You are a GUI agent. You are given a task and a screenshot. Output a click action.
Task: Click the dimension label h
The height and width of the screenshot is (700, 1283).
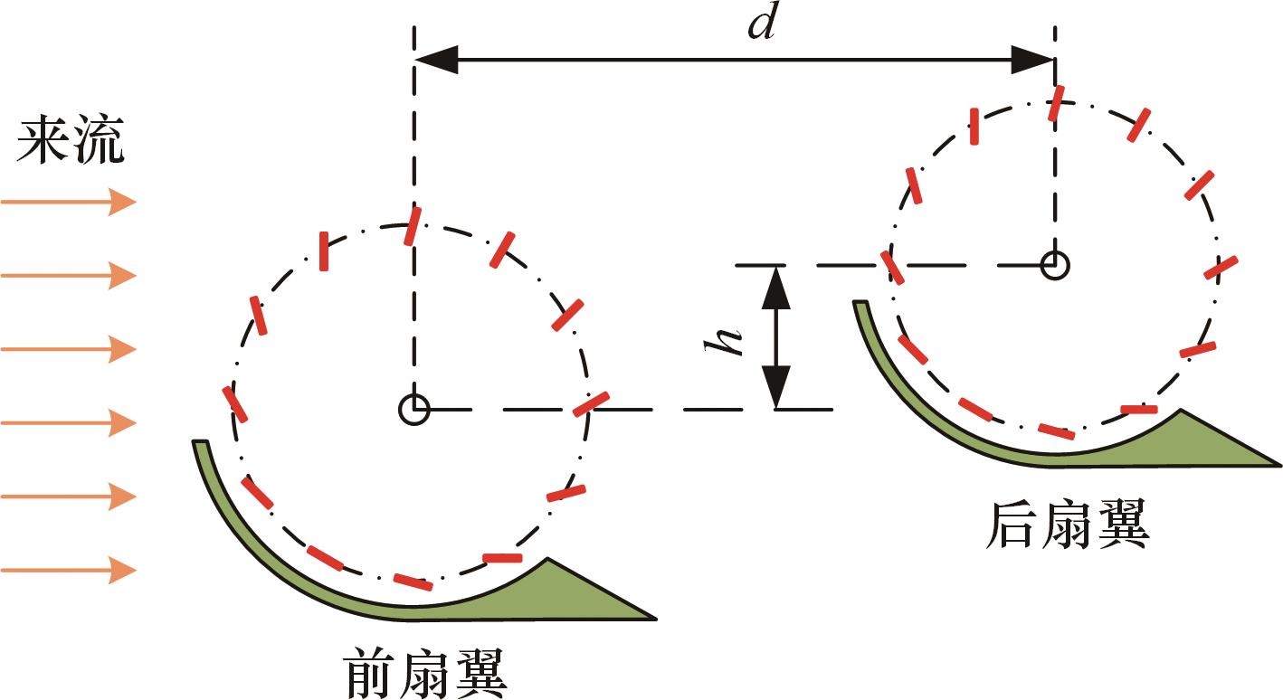[x=724, y=341]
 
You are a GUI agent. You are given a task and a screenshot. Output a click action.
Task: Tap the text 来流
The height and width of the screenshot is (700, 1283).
[x=70, y=139]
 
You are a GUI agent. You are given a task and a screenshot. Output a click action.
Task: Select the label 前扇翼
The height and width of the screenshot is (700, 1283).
[x=426, y=673]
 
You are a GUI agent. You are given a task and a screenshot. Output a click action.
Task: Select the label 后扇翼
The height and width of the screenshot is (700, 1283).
[x=1068, y=525]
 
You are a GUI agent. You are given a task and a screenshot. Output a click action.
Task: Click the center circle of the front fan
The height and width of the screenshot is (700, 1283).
[x=413, y=410]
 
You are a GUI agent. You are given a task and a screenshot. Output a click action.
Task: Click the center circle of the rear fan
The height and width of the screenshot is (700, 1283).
[x=1054, y=265]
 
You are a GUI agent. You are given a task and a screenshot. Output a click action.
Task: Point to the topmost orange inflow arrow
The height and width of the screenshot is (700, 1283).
[x=69, y=202]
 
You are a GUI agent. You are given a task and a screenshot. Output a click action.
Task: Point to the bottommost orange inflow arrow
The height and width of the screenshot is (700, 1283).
[x=69, y=570]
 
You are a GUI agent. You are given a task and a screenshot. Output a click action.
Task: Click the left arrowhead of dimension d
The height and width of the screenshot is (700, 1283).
[x=436, y=59]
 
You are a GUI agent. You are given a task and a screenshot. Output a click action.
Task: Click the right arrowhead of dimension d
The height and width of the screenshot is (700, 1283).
[x=1032, y=59]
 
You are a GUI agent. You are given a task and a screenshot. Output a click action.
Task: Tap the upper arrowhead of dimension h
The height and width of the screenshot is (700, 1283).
[x=776, y=288]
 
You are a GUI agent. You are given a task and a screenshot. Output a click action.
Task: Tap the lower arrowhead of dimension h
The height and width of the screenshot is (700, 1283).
[x=776, y=387]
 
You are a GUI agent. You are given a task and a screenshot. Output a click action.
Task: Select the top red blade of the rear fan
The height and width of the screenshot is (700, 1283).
[x=1056, y=103]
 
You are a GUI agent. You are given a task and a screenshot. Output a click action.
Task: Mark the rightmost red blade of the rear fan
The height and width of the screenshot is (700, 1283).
[x=1220, y=268]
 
